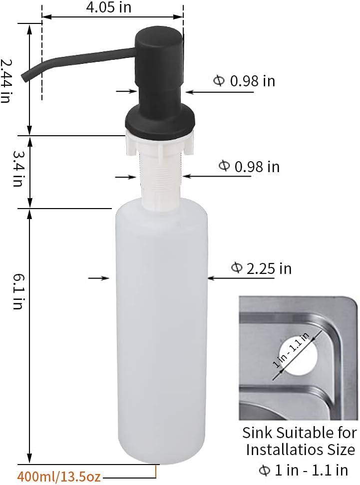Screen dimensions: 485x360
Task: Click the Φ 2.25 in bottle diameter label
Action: [261, 268]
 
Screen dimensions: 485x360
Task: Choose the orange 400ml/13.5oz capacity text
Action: [59, 477]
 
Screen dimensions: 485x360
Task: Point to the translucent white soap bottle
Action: [161, 329]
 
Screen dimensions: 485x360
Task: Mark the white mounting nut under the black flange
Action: [158, 143]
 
